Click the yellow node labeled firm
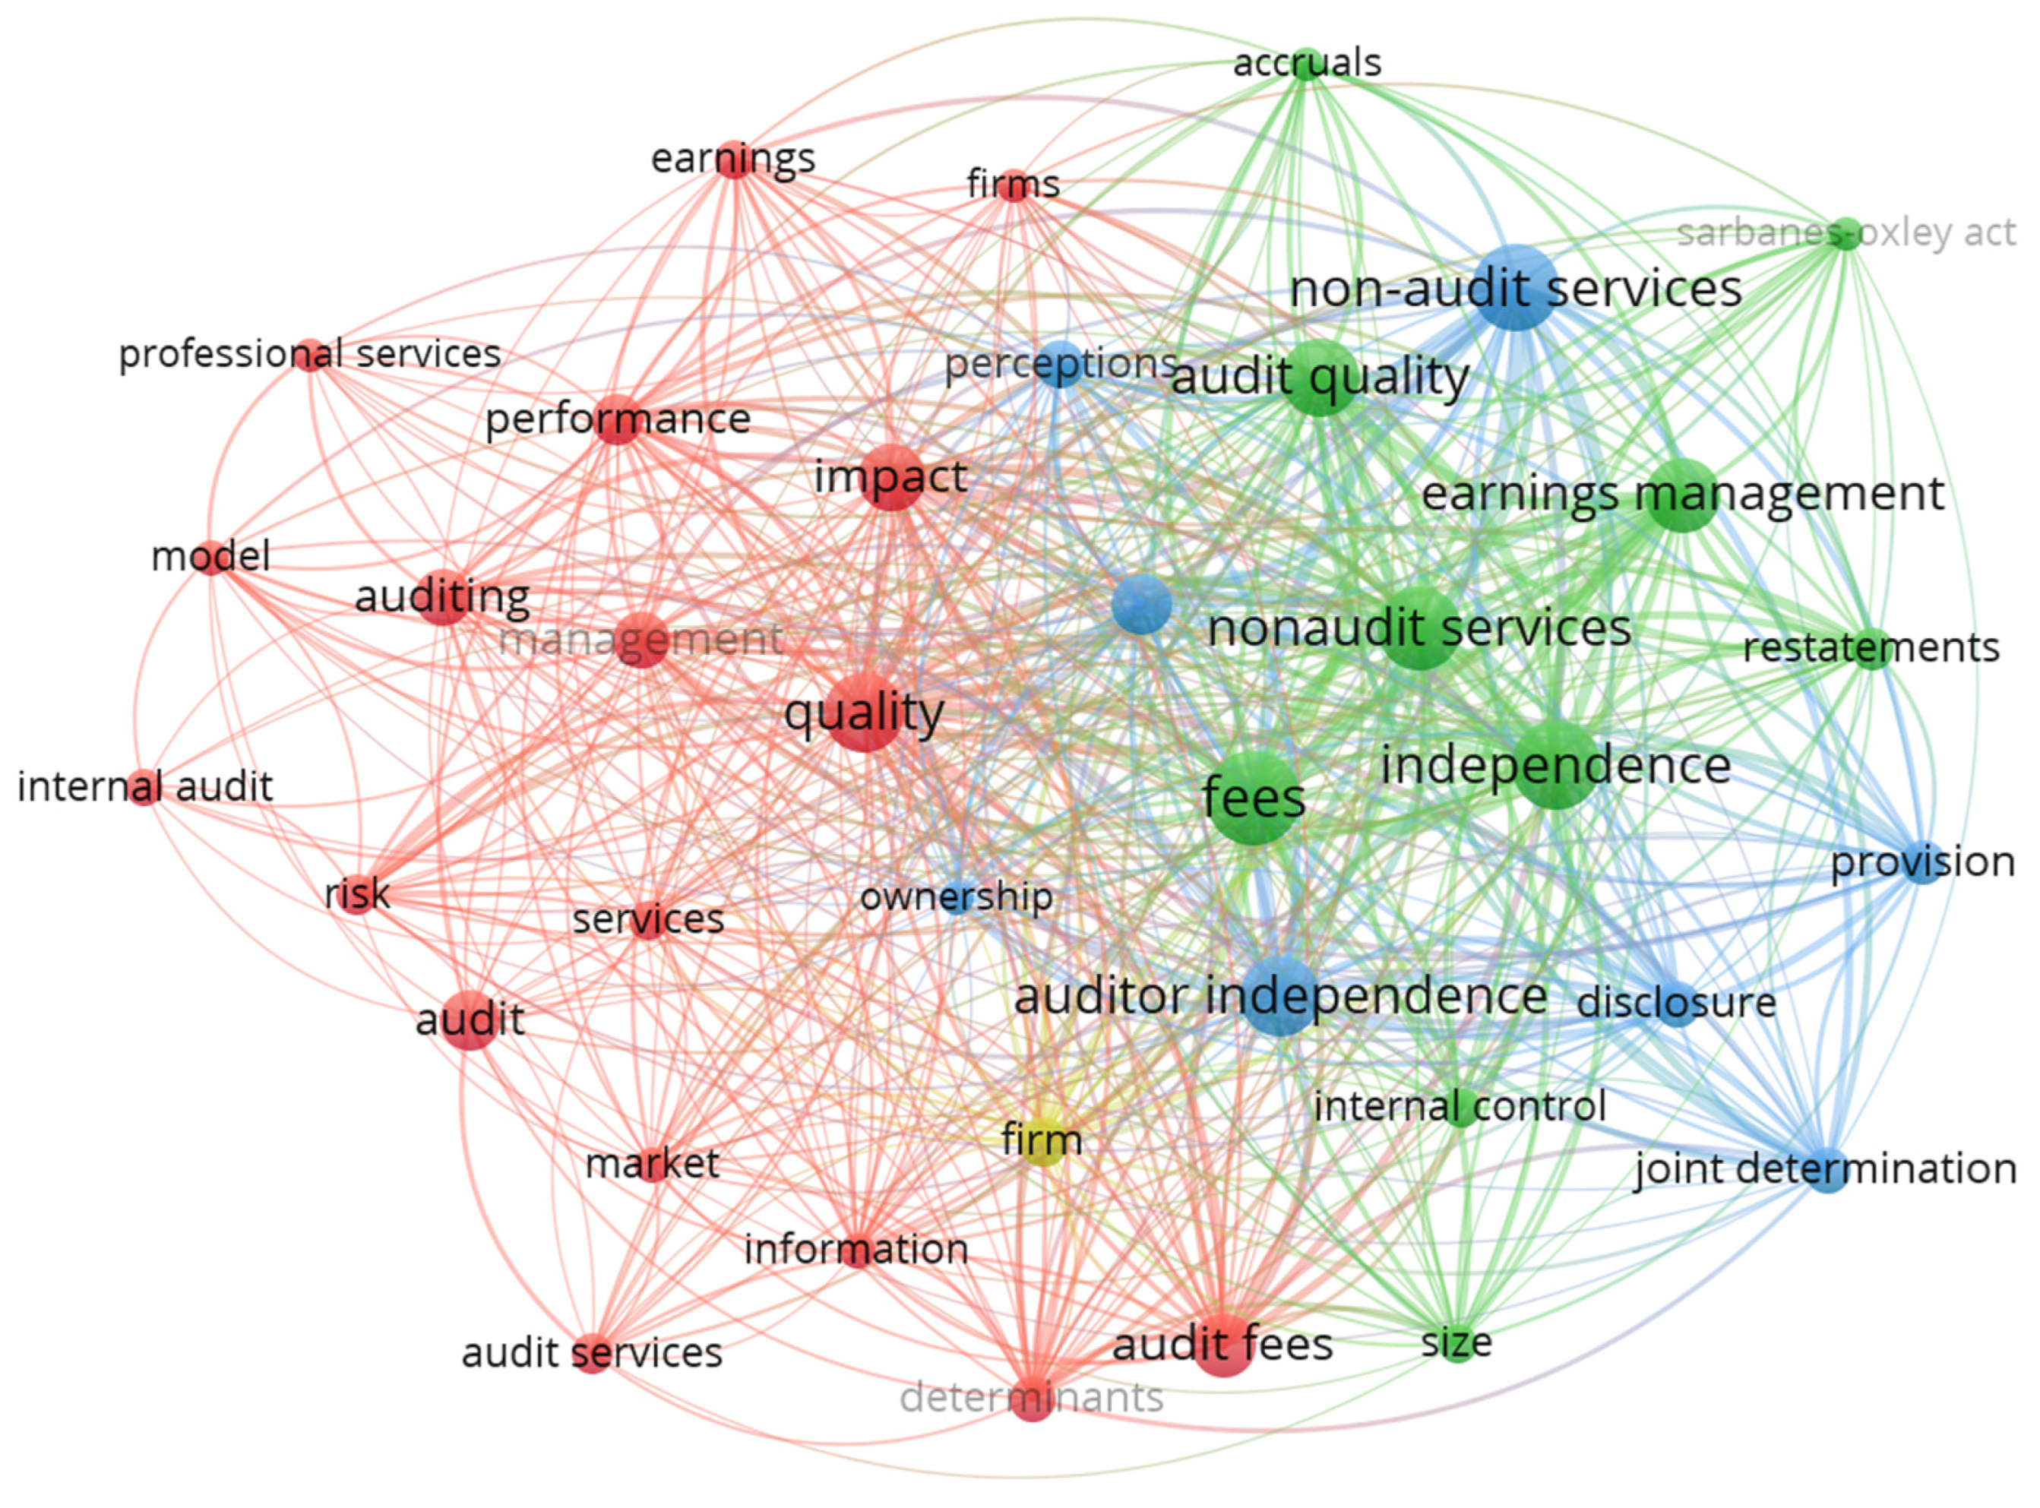pos(1042,1141)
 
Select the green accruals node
pos(1306,63)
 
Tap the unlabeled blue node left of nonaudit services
pos(1142,604)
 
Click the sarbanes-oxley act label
pos(1846,232)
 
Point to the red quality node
pos(865,713)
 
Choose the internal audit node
pos(144,787)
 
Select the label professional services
pos(310,354)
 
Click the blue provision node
pos(1922,862)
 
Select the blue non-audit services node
pos(1516,287)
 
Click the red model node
pos(211,557)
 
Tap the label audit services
pos(593,1353)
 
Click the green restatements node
pos(1872,649)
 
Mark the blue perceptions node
pos(1061,364)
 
